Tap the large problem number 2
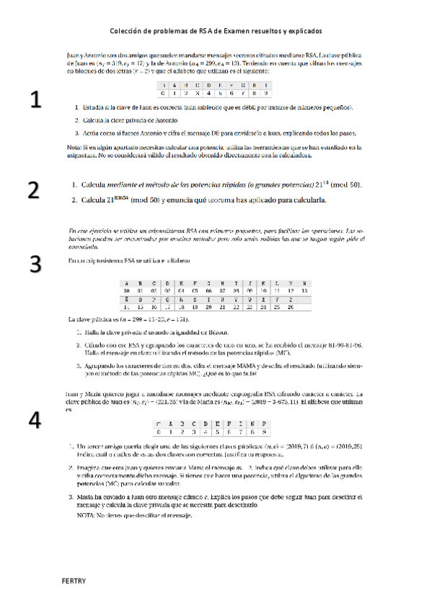33,191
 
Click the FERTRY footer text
74,580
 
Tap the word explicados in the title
304,32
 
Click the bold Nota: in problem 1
74,147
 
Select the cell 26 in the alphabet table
290,306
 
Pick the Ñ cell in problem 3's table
127,298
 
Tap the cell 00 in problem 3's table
127,290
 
